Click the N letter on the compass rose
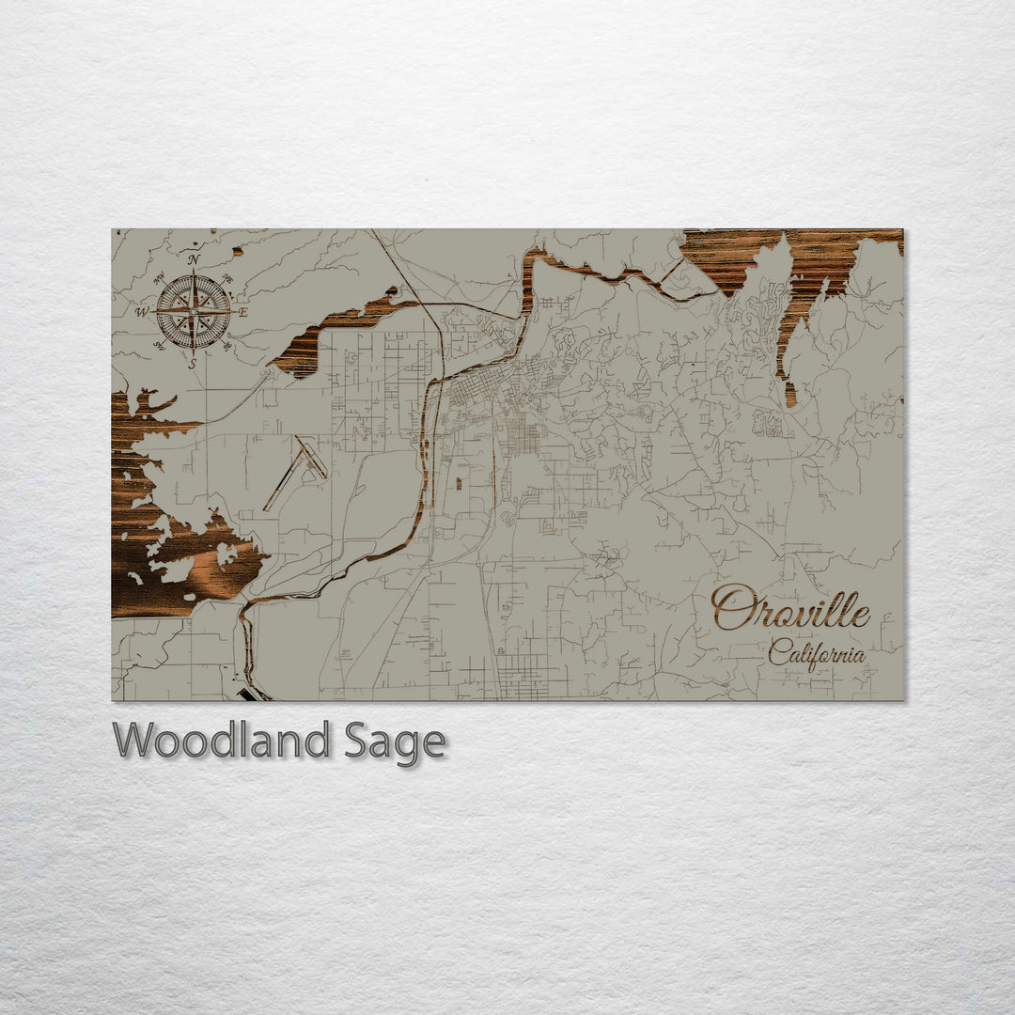(x=194, y=259)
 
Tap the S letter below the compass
(x=194, y=363)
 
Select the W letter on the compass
(x=142, y=312)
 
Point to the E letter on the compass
(x=243, y=312)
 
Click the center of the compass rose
(x=194, y=311)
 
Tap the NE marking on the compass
(x=226, y=279)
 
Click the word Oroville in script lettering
(x=790, y=609)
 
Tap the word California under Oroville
(x=816, y=652)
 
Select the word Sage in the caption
(x=393, y=742)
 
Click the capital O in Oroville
(x=733, y=608)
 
